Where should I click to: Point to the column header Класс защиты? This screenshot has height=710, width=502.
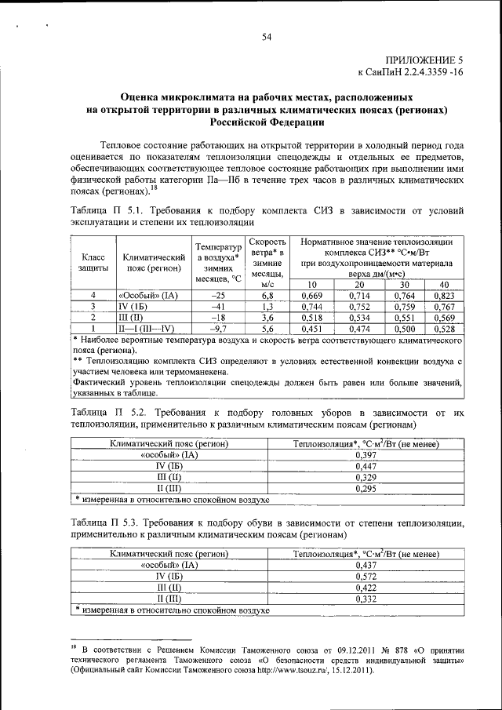[x=93, y=262]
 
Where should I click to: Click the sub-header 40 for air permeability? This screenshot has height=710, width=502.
[x=444, y=284]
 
